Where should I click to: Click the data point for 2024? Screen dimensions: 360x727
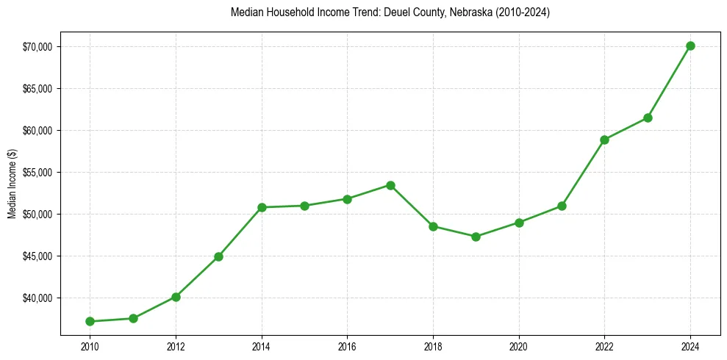coord(690,46)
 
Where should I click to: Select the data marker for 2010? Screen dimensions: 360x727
coord(90,321)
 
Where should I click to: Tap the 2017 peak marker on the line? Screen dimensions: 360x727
coord(390,185)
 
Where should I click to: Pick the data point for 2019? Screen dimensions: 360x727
coord(476,237)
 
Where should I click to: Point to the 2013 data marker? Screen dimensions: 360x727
coord(218,256)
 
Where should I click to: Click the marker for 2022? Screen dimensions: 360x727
coord(604,140)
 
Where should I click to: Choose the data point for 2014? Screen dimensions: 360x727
coord(261,207)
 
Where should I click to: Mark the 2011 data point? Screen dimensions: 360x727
coord(133,318)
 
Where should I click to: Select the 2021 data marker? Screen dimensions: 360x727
coord(562,206)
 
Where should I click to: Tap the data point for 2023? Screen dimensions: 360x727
coord(648,118)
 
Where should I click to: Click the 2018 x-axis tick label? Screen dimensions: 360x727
coord(433,346)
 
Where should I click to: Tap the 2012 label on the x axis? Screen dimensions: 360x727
coord(176,346)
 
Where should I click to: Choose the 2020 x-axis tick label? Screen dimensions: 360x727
coord(519,346)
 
